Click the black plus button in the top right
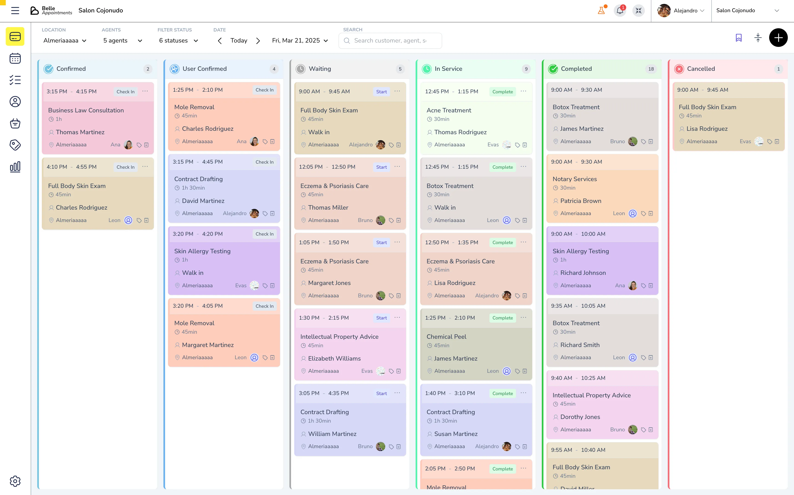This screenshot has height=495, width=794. pos(778,38)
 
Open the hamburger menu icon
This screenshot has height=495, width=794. pos(15,11)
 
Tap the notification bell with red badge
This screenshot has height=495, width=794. pos(620,11)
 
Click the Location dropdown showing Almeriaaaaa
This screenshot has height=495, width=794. pos(65,41)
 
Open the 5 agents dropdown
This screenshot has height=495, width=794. pos(123,41)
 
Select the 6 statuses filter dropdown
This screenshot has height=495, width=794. pos(178,41)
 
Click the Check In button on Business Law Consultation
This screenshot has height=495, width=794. pos(126,92)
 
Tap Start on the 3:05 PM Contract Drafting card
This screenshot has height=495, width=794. pos(381,393)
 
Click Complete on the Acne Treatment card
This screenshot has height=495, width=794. pos(502,92)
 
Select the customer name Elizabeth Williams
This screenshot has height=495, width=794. pos(334,358)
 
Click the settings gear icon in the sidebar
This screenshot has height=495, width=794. pos(15,481)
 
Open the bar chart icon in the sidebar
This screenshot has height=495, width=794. pos(15,167)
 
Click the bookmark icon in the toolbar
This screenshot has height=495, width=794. pos(738,38)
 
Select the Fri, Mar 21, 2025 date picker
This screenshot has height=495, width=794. pos(300,41)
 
